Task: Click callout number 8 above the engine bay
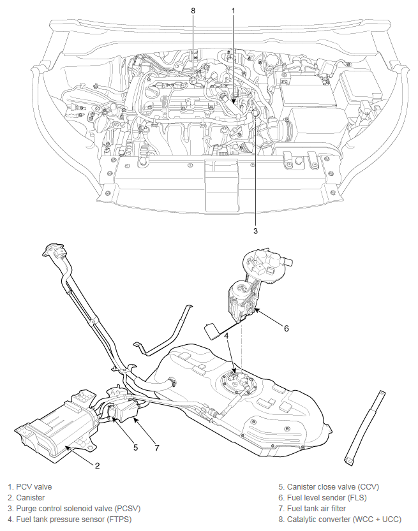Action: [193, 10]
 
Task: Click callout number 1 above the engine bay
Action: [233, 10]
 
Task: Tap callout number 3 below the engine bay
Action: [255, 231]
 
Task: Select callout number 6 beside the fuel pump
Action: [287, 328]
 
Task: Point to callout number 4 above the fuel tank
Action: [227, 335]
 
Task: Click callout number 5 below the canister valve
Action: [135, 447]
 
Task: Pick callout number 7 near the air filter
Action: [157, 447]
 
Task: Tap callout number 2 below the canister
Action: [97, 465]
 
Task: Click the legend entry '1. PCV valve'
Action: [30, 487]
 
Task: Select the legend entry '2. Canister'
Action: [26, 498]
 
